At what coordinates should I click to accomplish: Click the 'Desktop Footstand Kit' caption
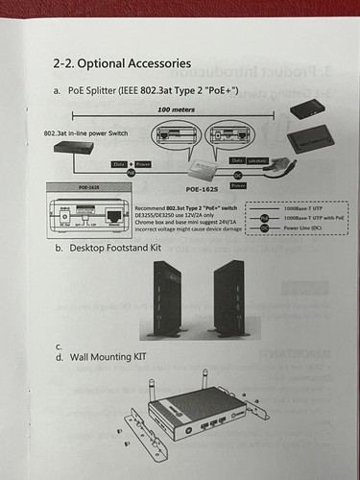[x=121, y=247]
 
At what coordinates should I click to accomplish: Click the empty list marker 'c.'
[x=60, y=345]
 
